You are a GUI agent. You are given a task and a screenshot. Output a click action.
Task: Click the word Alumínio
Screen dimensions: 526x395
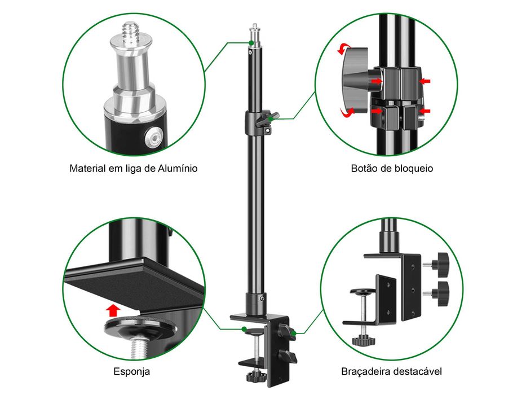tap(178, 168)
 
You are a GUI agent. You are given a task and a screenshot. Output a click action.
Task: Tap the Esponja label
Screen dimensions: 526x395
tap(131, 371)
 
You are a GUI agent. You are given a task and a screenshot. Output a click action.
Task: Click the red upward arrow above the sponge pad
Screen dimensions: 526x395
tap(113, 310)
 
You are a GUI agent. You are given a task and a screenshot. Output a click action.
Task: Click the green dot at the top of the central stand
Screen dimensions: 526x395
tap(251, 43)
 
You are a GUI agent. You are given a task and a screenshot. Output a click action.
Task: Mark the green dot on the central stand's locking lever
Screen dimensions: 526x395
tap(271, 118)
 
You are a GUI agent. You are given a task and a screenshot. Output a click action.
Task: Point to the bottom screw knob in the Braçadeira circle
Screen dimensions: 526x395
tap(363, 341)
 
